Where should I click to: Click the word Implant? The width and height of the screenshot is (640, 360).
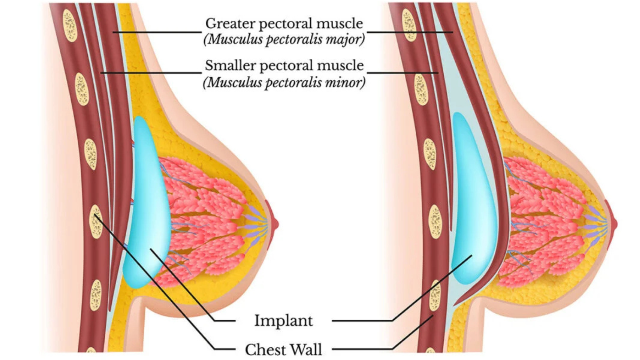pos(283,321)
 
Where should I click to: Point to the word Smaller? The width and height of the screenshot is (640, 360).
pos(230,66)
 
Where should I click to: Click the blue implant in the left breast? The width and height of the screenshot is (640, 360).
pos(146,204)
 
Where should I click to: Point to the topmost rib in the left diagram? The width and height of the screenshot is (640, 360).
pos(70,25)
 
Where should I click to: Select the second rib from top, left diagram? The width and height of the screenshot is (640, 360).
pos(82,89)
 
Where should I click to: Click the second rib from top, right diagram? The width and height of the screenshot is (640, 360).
pos(421,89)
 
